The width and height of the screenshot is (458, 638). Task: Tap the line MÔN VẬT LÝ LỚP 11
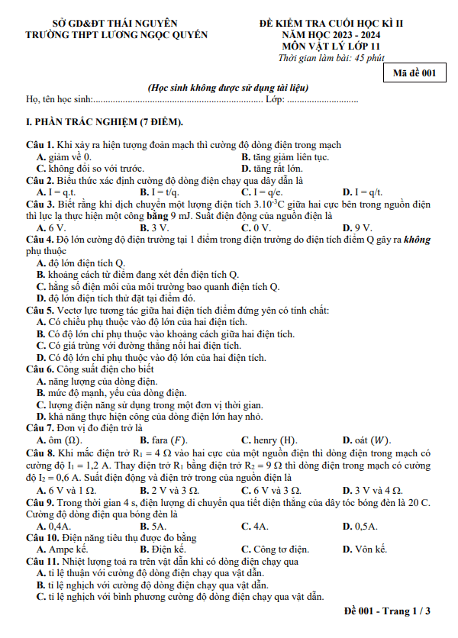(331, 46)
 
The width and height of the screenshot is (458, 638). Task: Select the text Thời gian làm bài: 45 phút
(331, 57)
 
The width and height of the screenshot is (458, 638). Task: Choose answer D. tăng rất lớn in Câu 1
(271, 169)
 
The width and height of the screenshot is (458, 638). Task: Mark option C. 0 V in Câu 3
(256, 227)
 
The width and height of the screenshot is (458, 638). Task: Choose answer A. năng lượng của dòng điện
(97, 381)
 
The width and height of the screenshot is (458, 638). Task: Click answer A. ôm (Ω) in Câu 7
(60, 440)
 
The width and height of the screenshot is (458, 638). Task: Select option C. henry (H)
(269, 440)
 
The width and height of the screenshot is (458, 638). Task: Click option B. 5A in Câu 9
(153, 526)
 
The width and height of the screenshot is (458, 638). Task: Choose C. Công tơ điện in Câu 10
(275, 549)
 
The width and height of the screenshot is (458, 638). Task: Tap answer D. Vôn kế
(365, 549)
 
